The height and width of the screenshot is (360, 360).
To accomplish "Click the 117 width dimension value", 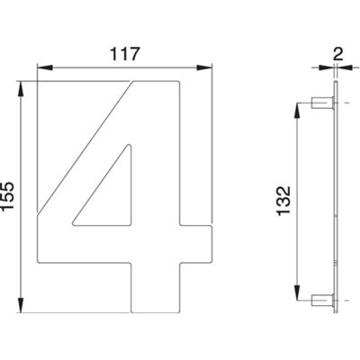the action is [x=125, y=54].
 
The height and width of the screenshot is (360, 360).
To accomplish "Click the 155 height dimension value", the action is [x=7, y=196].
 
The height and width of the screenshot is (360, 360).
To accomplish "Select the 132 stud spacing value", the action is [x=283, y=201].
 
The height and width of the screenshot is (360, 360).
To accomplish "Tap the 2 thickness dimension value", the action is [x=337, y=55].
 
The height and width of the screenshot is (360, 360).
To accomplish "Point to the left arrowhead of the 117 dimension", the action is [x=44, y=67].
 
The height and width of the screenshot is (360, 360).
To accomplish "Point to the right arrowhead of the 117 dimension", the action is [x=204, y=67].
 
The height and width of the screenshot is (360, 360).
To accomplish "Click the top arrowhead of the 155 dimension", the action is [x=21, y=89].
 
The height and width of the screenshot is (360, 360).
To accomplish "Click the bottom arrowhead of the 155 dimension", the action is [x=21, y=305].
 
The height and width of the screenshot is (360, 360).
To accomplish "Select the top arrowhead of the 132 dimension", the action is [x=297, y=111].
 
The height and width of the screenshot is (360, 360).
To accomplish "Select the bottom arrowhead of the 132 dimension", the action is [x=297, y=292].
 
